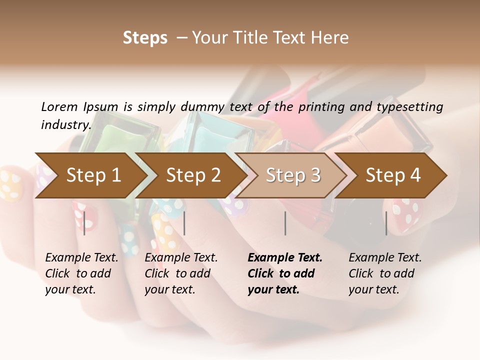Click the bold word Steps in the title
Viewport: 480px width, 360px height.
tap(145, 38)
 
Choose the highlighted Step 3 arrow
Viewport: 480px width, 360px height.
tap(293, 175)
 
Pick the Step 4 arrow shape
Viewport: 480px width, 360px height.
tap(393, 175)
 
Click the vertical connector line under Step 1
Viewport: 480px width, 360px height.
tap(84, 223)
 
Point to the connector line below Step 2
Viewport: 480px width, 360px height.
tap(184, 223)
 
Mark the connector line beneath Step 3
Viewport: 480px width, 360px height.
tap(285, 223)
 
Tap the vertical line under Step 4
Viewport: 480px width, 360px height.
tap(386, 223)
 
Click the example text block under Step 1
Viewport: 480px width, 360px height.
tap(81, 273)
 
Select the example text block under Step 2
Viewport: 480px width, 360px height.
tap(181, 273)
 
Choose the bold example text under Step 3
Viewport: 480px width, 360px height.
tap(285, 273)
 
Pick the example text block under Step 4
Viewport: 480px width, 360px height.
tap(385, 273)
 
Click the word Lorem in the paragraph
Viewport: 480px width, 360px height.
tap(59, 106)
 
